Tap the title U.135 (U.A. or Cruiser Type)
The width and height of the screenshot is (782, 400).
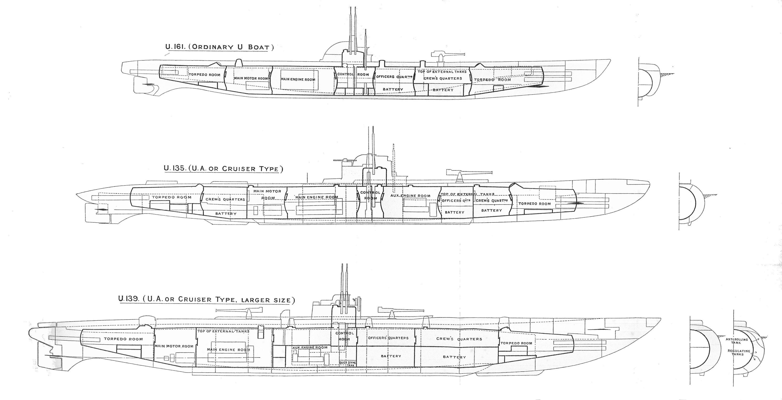pos(223,168)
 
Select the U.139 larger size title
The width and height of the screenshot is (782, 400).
pos(206,299)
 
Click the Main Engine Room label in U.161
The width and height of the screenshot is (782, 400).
pos(298,79)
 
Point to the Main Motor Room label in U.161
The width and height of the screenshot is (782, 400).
pos(251,79)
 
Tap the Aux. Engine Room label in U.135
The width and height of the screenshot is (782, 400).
pos(410,196)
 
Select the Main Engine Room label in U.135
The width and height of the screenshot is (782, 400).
pos(316,197)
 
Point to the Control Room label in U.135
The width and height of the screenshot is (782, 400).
pos(370,195)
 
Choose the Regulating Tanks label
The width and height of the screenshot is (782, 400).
pos(739,353)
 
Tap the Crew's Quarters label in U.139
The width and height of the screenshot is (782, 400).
pos(459,339)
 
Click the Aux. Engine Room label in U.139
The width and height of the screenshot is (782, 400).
pos(310,347)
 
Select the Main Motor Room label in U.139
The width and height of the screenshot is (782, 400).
pos(174,346)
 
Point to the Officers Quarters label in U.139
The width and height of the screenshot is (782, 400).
pos(388,338)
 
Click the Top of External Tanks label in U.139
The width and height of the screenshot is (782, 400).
pos(223,332)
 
